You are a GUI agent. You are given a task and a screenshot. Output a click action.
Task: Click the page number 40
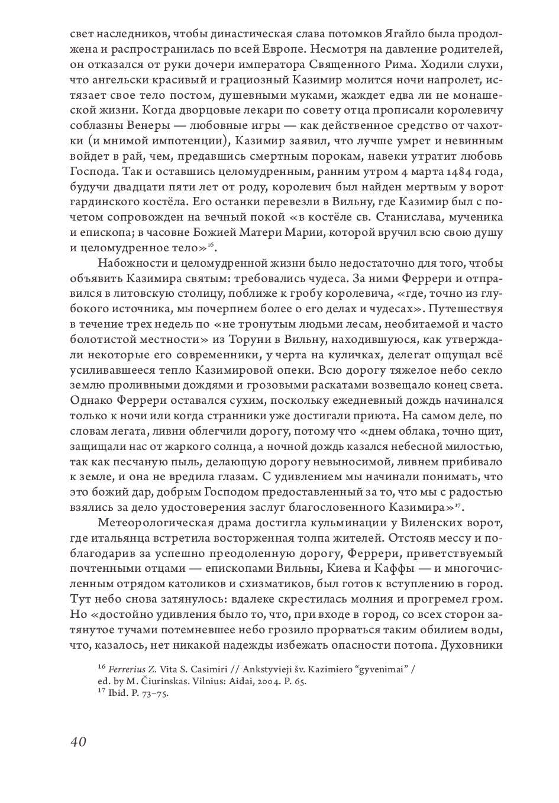(78, 741)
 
